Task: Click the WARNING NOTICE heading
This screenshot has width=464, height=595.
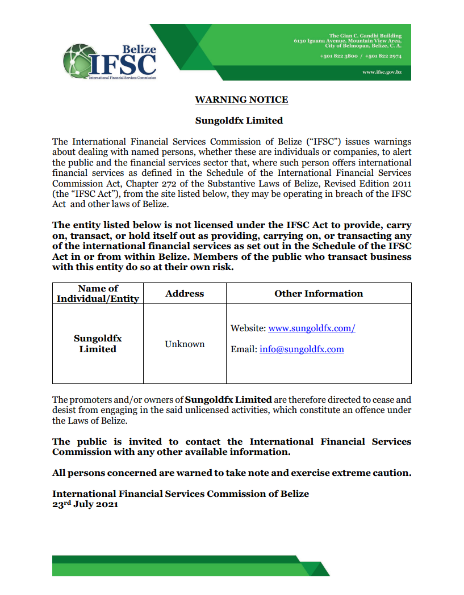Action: [x=241, y=100]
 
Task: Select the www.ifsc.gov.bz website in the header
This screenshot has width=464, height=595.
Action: [x=382, y=73]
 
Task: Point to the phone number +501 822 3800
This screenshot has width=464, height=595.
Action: [x=338, y=57]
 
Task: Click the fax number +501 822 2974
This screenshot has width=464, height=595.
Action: [x=383, y=57]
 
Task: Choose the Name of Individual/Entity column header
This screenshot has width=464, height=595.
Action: [x=98, y=293]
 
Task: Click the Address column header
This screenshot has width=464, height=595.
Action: [x=185, y=293]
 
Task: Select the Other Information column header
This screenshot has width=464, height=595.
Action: [x=318, y=293]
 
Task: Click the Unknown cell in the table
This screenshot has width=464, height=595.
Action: [x=185, y=344]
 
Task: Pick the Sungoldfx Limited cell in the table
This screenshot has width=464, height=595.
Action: [x=98, y=344]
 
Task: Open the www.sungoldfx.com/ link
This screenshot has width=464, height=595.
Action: [x=311, y=328]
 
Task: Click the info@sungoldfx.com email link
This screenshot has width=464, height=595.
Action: [x=302, y=349]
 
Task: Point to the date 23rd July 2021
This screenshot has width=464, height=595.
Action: [x=85, y=504]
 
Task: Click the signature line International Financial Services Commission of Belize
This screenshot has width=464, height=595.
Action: [x=181, y=493]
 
